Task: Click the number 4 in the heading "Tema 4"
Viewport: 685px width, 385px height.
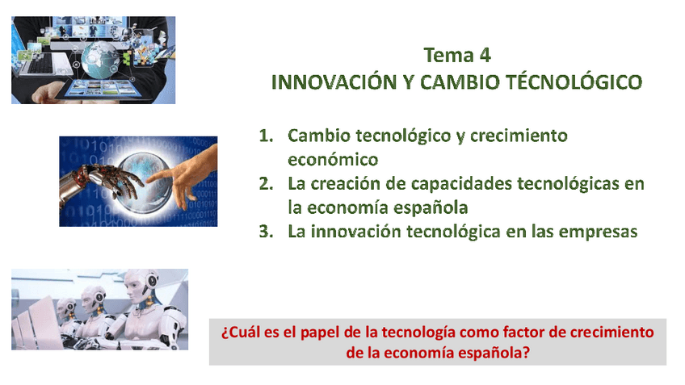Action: tap(485, 56)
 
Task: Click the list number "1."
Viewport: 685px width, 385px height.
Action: tap(266, 136)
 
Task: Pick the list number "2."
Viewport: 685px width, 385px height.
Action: tap(266, 184)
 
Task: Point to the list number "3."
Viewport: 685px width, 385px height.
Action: tap(266, 232)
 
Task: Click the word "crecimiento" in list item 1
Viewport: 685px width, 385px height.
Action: tap(519, 136)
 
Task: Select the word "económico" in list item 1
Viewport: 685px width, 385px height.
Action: tap(333, 160)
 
